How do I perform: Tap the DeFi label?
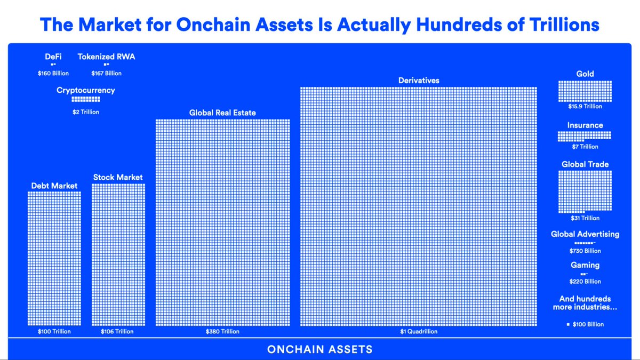[x=53, y=57]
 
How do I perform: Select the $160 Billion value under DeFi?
[x=53, y=73]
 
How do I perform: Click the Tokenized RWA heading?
[x=106, y=57]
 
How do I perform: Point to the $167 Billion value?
[x=106, y=73]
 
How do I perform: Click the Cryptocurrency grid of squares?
[x=85, y=99]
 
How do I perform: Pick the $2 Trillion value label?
[x=85, y=112]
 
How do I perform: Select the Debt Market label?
[x=54, y=186]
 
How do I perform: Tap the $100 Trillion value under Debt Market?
[x=54, y=331]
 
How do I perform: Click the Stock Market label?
[x=118, y=177]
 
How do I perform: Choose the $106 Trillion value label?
[x=117, y=331]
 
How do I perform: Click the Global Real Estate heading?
[x=222, y=113]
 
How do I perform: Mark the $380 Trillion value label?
[x=222, y=331]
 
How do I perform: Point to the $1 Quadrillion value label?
[x=419, y=331]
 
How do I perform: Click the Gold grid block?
[x=585, y=91]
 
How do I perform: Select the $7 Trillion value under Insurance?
[x=585, y=147]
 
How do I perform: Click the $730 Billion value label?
[x=585, y=251]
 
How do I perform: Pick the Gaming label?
[x=585, y=265]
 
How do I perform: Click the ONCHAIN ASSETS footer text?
[x=319, y=350]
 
